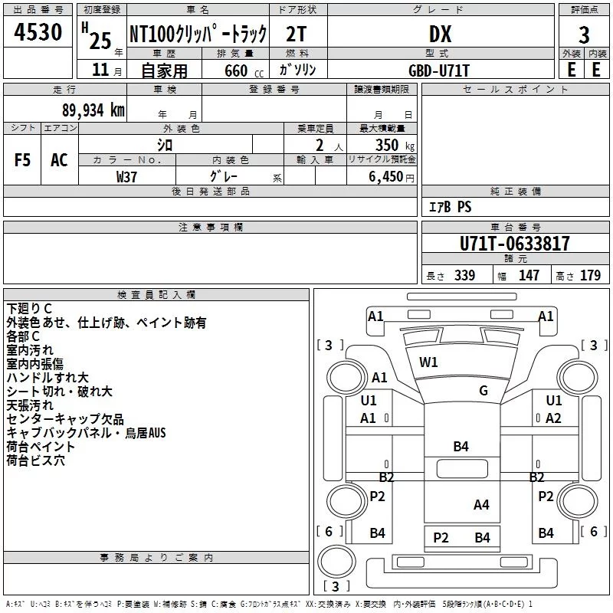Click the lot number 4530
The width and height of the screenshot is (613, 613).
(x=38, y=32)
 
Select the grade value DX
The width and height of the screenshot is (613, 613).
(x=440, y=34)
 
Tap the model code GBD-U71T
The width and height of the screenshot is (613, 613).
(x=438, y=70)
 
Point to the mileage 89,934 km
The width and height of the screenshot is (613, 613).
(x=93, y=110)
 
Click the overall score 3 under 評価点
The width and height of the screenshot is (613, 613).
(x=584, y=35)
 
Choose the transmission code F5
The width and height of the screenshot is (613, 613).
(x=22, y=160)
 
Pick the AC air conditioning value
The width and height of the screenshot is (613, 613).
(x=60, y=160)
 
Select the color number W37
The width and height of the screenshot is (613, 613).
(x=126, y=177)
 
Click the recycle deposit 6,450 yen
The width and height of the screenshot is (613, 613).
(x=392, y=177)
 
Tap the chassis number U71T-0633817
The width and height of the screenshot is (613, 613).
(x=514, y=244)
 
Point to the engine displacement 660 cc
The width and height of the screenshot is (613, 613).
(x=244, y=70)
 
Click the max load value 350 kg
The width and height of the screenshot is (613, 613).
(x=395, y=145)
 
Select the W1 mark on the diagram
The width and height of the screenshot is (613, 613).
(x=428, y=362)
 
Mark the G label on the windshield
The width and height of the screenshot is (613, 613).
(x=484, y=391)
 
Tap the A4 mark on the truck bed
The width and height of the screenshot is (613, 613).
(x=481, y=505)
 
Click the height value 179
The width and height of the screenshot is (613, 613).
(x=590, y=275)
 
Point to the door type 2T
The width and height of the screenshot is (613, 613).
(x=297, y=34)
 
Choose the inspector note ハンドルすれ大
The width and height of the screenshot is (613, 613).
(x=48, y=378)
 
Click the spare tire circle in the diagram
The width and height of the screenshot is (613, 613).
(x=336, y=561)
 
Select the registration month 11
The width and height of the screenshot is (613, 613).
(x=100, y=70)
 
